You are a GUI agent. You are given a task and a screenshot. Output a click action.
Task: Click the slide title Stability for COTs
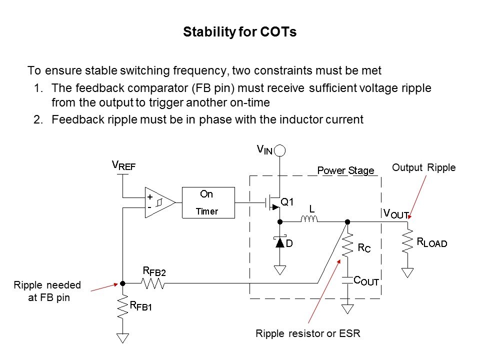pyautogui.click(x=239, y=32)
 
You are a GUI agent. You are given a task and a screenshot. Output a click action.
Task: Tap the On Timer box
pyautogui.click(x=207, y=202)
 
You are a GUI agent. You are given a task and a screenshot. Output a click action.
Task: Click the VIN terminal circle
pyautogui.click(x=280, y=149)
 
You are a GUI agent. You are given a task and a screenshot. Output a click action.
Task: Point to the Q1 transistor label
pyautogui.click(x=287, y=202)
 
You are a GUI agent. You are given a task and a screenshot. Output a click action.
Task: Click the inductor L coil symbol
pyautogui.click(x=309, y=219)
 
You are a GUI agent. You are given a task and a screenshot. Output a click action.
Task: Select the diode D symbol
pyautogui.click(x=280, y=243)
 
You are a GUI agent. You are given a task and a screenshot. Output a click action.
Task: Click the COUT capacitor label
pyautogui.click(x=366, y=281)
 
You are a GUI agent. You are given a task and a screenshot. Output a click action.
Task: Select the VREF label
pyautogui.click(x=123, y=165)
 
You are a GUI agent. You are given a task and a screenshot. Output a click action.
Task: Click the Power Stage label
pyautogui.click(x=345, y=170)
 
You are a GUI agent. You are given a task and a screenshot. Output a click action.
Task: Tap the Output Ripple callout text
pyautogui.click(x=423, y=167)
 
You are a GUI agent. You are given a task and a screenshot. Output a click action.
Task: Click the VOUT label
pyautogui.click(x=395, y=213)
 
